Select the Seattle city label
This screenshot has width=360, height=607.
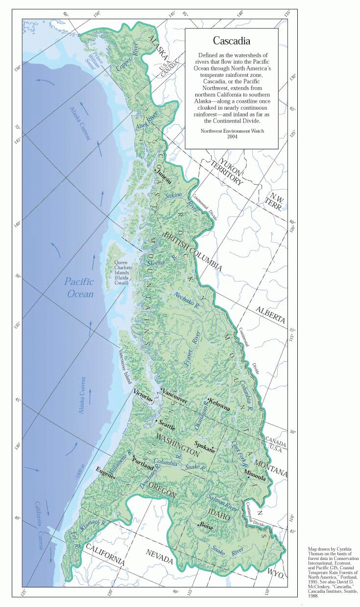(166, 426)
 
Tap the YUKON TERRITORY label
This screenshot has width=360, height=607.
(224, 171)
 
